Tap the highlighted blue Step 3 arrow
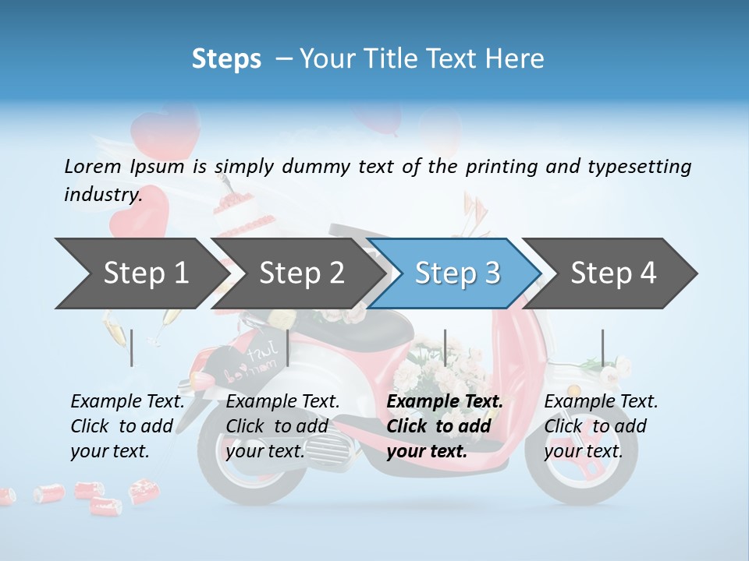(x=456, y=273)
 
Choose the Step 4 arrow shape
(x=612, y=273)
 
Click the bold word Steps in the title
(x=226, y=58)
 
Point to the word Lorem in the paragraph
(x=93, y=166)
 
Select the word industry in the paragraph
(x=101, y=194)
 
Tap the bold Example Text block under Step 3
(x=445, y=426)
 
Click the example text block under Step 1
(x=127, y=426)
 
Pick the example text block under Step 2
(x=282, y=426)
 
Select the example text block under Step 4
(x=601, y=426)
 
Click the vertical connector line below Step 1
(x=132, y=348)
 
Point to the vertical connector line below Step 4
(x=602, y=348)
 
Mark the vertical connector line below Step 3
(x=445, y=348)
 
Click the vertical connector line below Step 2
(x=288, y=348)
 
